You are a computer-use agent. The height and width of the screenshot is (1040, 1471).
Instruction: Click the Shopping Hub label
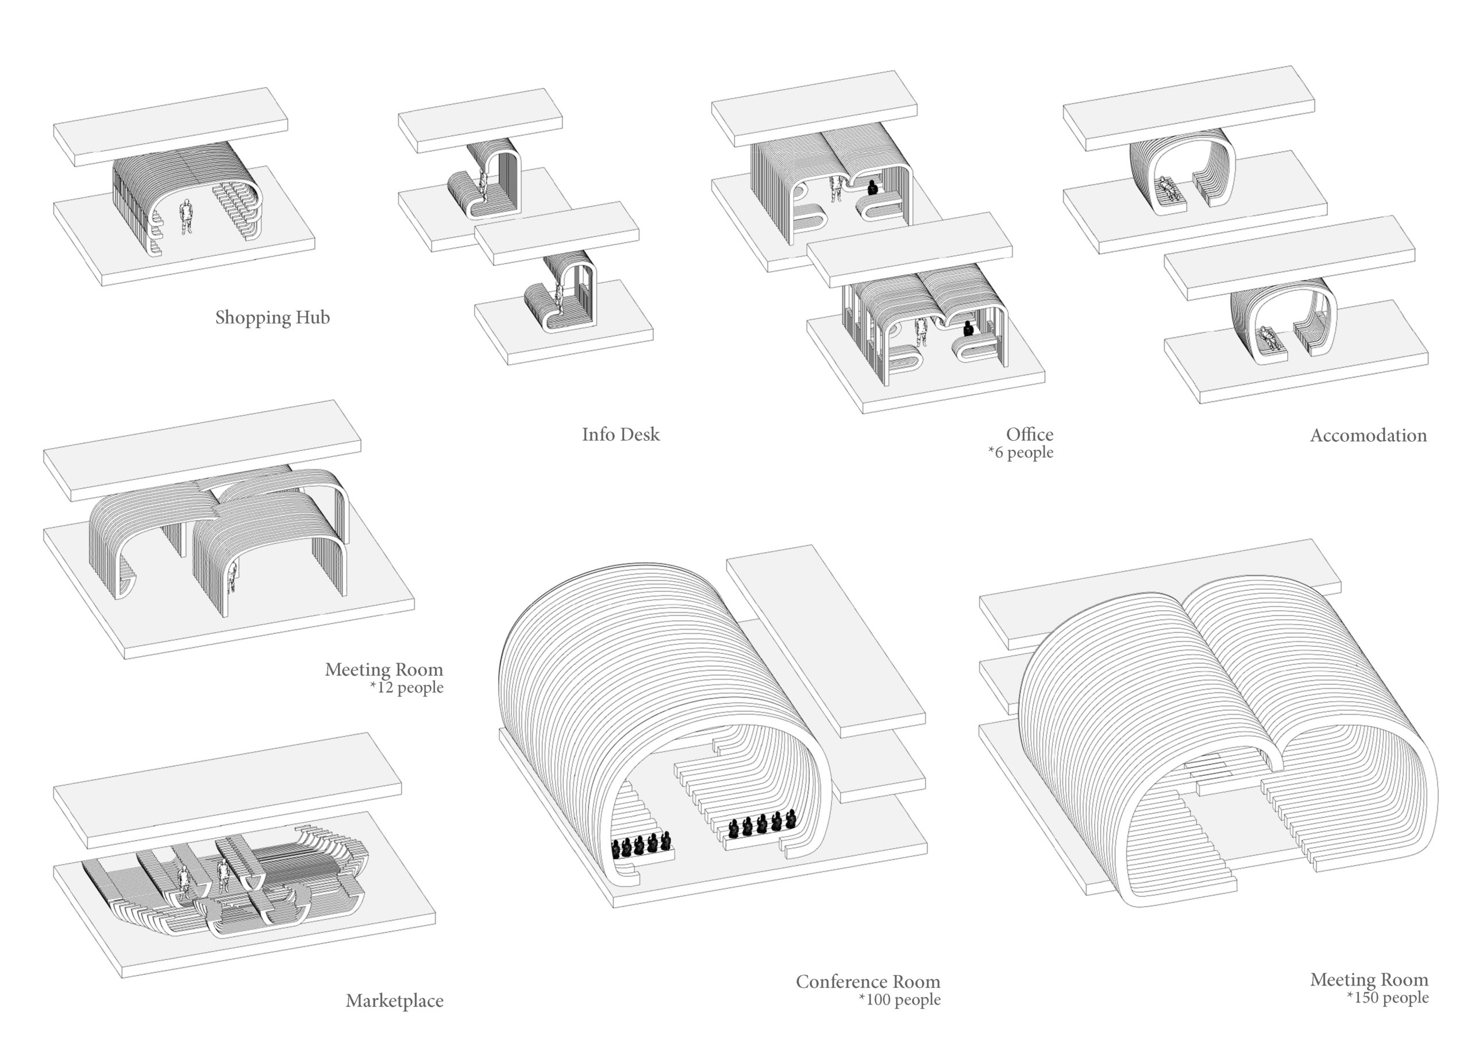[x=272, y=317]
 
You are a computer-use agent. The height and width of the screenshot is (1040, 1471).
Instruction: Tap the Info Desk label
[x=620, y=434]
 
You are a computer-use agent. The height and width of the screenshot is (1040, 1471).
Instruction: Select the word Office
[x=1030, y=434]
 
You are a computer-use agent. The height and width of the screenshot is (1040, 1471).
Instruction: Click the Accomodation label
[x=1369, y=436]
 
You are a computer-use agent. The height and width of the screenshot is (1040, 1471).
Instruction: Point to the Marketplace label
[x=394, y=1001]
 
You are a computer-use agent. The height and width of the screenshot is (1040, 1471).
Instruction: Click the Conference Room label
[x=868, y=982]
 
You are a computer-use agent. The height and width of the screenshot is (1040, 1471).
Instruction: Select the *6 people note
[x=1021, y=452]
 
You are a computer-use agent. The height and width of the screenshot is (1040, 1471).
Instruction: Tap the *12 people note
[x=406, y=688]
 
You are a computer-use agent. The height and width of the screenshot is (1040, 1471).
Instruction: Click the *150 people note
[x=1388, y=997]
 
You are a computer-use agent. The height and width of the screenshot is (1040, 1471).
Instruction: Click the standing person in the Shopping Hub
[x=186, y=217]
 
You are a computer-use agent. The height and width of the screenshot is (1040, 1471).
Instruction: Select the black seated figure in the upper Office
[x=872, y=188]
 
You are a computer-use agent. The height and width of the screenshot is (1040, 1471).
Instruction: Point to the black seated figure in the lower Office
[x=968, y=329]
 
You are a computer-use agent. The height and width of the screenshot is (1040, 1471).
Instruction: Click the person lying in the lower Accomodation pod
[x=1269, y=338]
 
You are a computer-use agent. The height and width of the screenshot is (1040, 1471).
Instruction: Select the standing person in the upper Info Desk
[x=483, y=184]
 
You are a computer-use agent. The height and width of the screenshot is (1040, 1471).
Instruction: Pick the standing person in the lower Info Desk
[x=559, y=299]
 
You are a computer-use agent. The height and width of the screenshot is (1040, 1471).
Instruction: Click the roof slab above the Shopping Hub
[x=171, y=127]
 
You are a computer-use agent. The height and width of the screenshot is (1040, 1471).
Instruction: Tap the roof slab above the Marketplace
[x=228, y=791]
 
